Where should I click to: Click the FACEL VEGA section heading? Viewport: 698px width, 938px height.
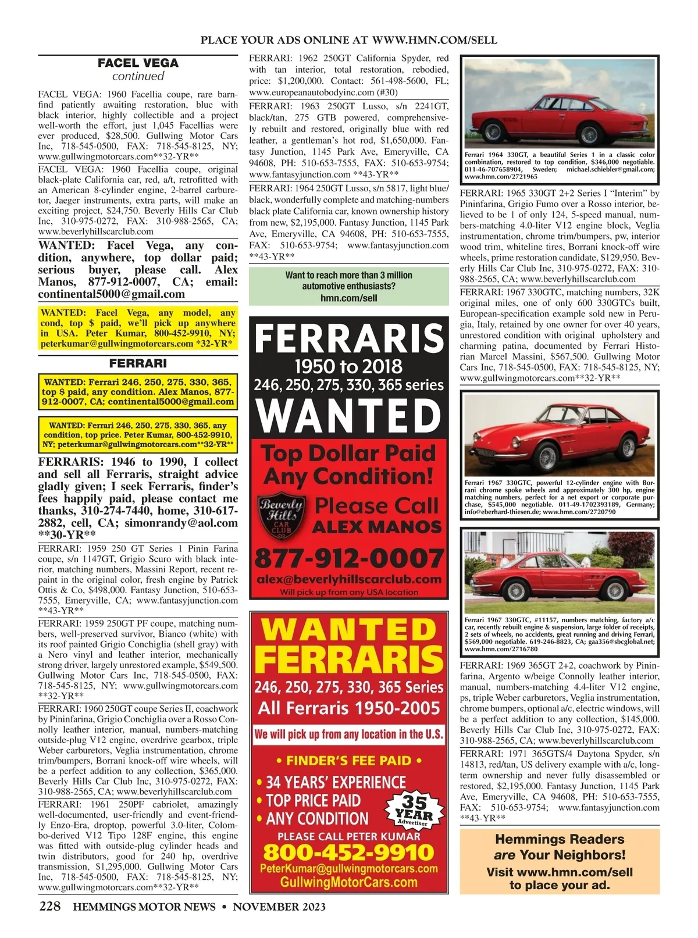[138, 63]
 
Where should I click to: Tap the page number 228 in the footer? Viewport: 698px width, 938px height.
[49, 907]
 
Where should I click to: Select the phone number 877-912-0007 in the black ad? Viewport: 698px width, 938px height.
[349, 559]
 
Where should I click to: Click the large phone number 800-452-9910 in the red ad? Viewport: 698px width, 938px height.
[349, 853]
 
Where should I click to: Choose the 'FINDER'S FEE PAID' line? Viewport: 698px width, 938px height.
[349, 761]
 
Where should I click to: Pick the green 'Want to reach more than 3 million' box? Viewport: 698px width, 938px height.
[349, 286]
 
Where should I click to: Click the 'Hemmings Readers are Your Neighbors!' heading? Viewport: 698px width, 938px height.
[560, 847]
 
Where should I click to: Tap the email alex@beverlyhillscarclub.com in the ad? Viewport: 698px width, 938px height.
[349, 579]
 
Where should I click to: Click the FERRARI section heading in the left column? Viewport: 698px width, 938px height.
[138, 363]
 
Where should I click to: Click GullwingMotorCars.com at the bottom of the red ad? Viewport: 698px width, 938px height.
[349, 882]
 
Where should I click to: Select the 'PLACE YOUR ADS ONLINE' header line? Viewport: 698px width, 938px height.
[349, 40]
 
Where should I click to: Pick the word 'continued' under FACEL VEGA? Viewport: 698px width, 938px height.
[138, 76]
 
